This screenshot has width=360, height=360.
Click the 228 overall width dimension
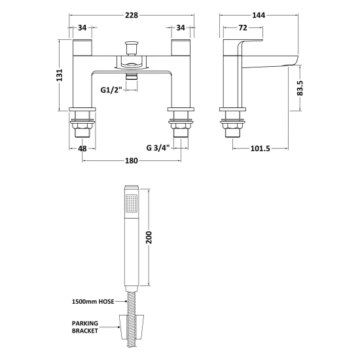click(x=132, y=15)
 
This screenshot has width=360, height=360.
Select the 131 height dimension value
click(x=60, y=75)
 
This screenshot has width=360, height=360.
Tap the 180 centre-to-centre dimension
click(x=132, y=161)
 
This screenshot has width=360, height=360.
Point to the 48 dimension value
click(x=82, y=149)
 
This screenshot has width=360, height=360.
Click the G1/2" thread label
click(x=111, y=90)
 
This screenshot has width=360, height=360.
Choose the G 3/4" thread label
click(x=158, y=147)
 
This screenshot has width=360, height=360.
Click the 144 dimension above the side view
click(x=259, y=15)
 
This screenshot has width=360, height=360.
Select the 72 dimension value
click(x=243, y=27)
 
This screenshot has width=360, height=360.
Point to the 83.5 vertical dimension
click(x=300, y=88)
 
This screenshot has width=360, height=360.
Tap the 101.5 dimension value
click(x=260, y=149)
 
